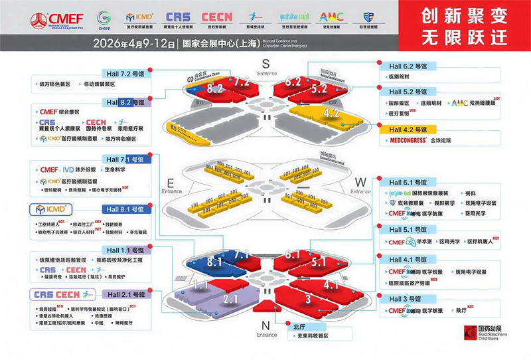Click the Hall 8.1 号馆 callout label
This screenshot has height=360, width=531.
pos(123,209)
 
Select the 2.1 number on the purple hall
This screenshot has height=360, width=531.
pos(230,300)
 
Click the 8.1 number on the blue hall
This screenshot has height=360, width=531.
pos(214,262)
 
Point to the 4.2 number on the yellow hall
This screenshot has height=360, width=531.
pos(331,113)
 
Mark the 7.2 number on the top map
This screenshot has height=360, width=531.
pos(241,82)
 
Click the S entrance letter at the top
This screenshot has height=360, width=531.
pos(265,63)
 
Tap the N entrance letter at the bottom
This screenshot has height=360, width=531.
pos(265,325)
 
